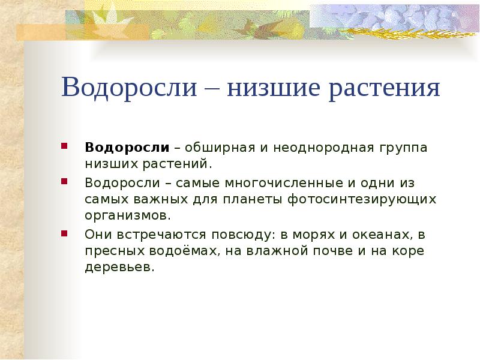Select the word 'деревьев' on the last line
pyautogui.click(x=119, y=267)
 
